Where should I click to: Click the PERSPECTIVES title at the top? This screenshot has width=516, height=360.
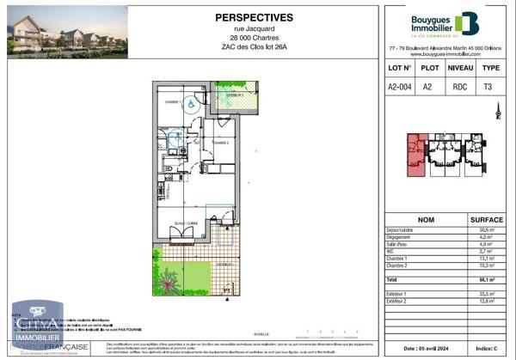(253, 17)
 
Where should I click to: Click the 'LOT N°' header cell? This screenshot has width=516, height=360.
(401, 67)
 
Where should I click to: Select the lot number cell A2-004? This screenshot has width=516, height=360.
(401, 86)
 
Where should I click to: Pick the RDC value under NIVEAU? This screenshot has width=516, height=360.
(463, 86)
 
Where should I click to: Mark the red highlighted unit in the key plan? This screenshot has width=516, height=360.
(416, 155)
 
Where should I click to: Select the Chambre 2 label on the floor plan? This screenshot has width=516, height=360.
(221, 143)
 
